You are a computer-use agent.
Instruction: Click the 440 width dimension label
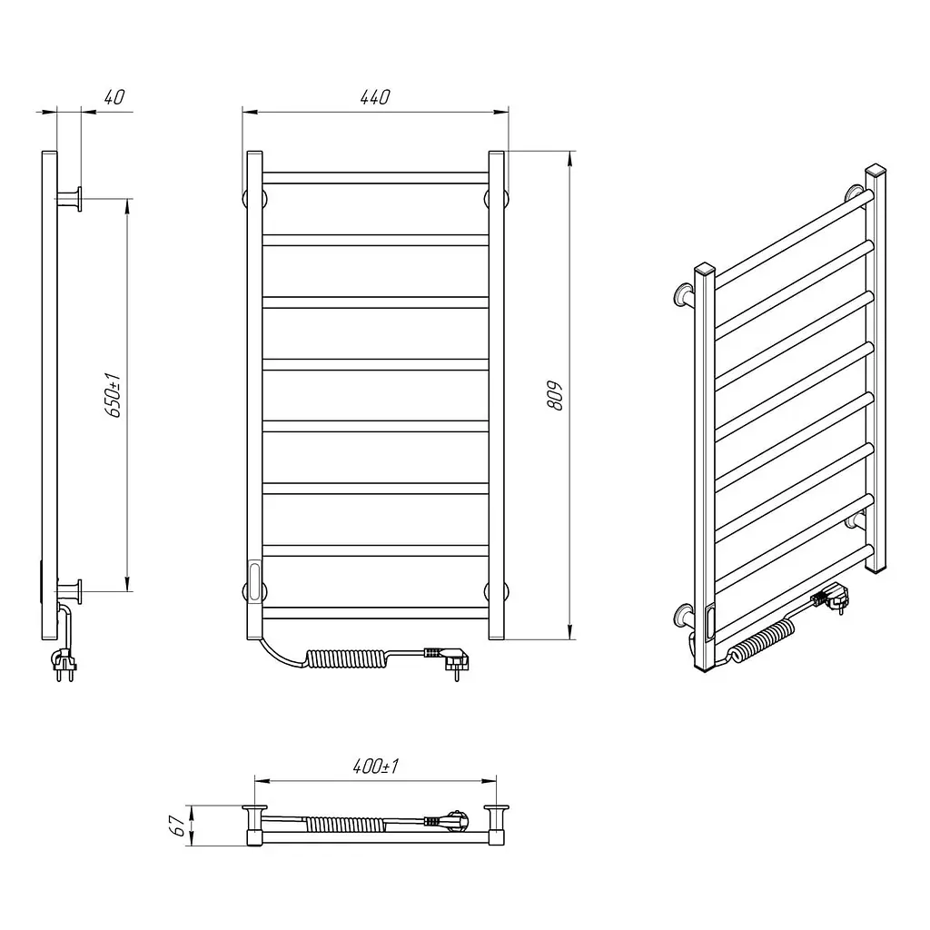(375, 96)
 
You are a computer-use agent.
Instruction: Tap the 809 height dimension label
(555, 396)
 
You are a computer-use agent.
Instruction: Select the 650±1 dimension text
(113, 395)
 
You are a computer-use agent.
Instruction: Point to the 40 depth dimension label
(114, 96)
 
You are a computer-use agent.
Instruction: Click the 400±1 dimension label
(375, 767)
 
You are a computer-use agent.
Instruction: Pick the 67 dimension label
(177, 825)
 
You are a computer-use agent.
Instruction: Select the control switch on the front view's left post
(255, 581)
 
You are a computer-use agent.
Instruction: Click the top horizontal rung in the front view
(375, 178)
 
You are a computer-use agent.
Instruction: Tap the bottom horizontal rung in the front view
(375, 613)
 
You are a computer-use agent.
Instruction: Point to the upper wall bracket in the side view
(70, 198)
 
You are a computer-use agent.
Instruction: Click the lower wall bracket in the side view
(70, 591)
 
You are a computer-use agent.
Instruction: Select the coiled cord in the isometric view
(762, 640)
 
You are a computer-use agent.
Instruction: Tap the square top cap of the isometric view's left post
(705, 271)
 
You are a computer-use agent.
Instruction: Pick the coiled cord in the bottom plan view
(343, 823)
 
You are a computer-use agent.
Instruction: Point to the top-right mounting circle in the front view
(497, 198)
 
